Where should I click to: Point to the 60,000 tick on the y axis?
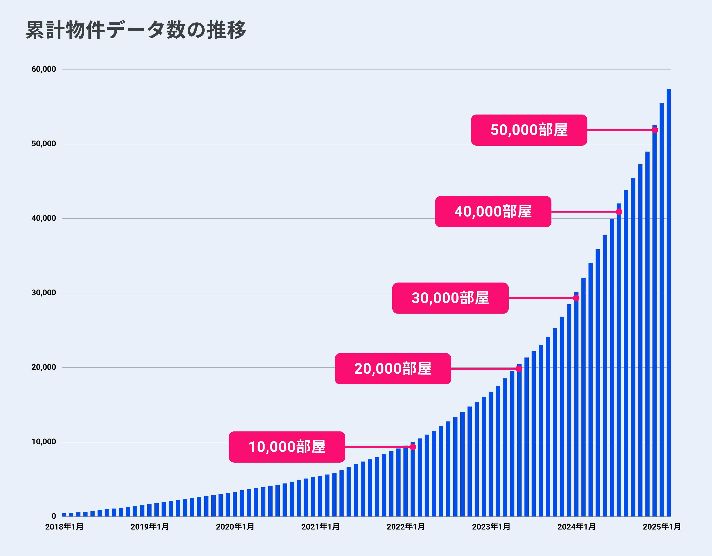[x=44, y=69]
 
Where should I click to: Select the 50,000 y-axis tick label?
[x=44, y=144]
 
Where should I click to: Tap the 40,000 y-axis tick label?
[x=44, y=218]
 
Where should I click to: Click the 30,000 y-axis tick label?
[x=44, y=293]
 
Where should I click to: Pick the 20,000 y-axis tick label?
[x=44, y=367]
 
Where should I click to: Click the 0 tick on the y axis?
[x=54, y=516]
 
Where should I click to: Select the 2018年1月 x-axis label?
[x=64, y=527]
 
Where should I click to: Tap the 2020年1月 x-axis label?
[x=235, y=527]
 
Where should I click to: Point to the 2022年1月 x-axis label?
[x=406, y=527]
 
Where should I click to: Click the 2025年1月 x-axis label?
[x=662, y=527]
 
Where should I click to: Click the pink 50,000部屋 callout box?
[x=529, y=130]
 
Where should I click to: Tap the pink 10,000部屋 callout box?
[x=287, y=447]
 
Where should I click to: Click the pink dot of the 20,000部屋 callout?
[x=519, y=369]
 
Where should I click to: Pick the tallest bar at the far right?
[x=669, y=303]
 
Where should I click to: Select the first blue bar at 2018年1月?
[x=64, y=515]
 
